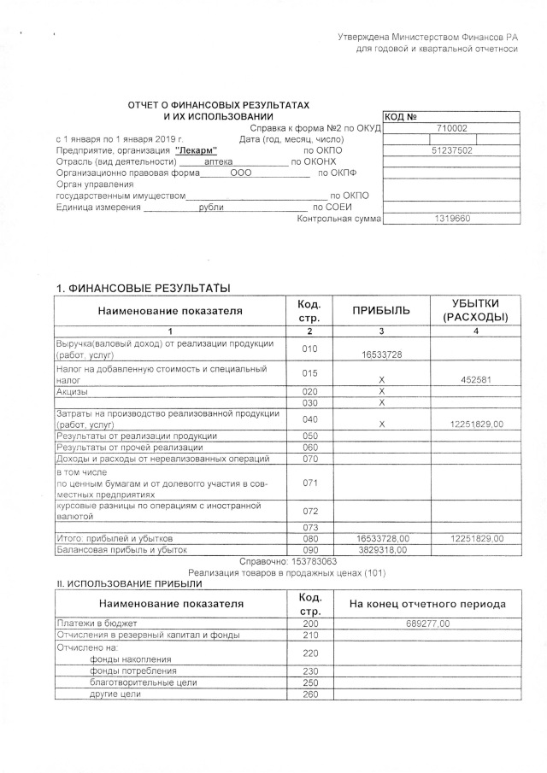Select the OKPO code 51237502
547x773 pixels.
(451, 149)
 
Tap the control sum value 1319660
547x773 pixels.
(451, 219)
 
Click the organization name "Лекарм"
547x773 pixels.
(196, 149)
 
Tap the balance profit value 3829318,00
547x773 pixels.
(383, 550)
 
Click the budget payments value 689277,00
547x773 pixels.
(428, 624)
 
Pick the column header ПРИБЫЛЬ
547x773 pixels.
(383, 310)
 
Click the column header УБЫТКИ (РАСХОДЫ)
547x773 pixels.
(475, 310)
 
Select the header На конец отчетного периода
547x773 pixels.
(428, 604)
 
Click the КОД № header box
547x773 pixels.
(402, 116)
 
